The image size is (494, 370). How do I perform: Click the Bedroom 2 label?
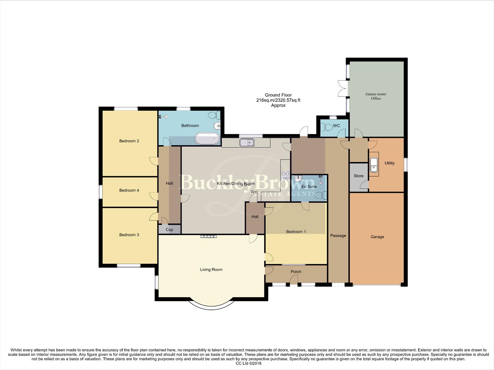coord(129,141)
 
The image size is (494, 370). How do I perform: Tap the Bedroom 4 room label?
coord(129,190)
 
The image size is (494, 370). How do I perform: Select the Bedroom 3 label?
coord(129,235)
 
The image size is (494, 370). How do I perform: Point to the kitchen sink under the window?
coord(246,142)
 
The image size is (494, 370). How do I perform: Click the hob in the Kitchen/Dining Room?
coord(285,176)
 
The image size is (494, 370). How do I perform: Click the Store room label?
coord(359,176)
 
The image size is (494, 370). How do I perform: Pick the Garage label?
coord(377,237)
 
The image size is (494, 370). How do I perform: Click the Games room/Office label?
coord(376,96)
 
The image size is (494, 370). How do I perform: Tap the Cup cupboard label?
coord(169,230)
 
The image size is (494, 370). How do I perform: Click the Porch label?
coord(296,272)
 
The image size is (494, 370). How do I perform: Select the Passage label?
coord(338,235)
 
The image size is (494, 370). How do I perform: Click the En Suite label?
coord(309,187)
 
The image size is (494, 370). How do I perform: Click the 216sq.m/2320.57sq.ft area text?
coord(278,100)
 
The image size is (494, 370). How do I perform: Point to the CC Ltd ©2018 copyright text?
coord(246,363)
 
